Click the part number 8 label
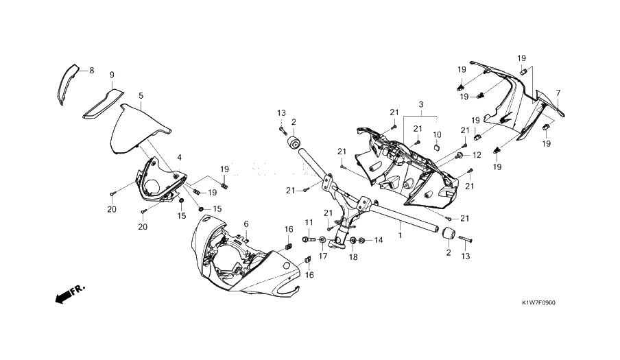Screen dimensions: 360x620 tap(91, 70)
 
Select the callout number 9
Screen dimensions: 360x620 tap(112, 74)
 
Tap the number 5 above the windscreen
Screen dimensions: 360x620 tap(141, 96)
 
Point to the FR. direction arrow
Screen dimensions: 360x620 tap(68, 295)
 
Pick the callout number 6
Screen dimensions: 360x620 tap(246, 224)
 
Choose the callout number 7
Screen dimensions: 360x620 tap(558, 93)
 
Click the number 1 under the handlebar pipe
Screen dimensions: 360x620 tap(400, 235)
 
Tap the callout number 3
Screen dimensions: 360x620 tap(422, 104)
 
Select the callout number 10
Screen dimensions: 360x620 tap(437, 134)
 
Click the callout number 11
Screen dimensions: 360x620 tap(309, 222)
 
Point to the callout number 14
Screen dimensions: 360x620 tap(379, 240)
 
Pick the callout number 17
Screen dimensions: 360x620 tap(322, 256)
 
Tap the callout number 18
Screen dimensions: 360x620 tap(353, 256)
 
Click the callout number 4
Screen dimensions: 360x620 tap(180, 158)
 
